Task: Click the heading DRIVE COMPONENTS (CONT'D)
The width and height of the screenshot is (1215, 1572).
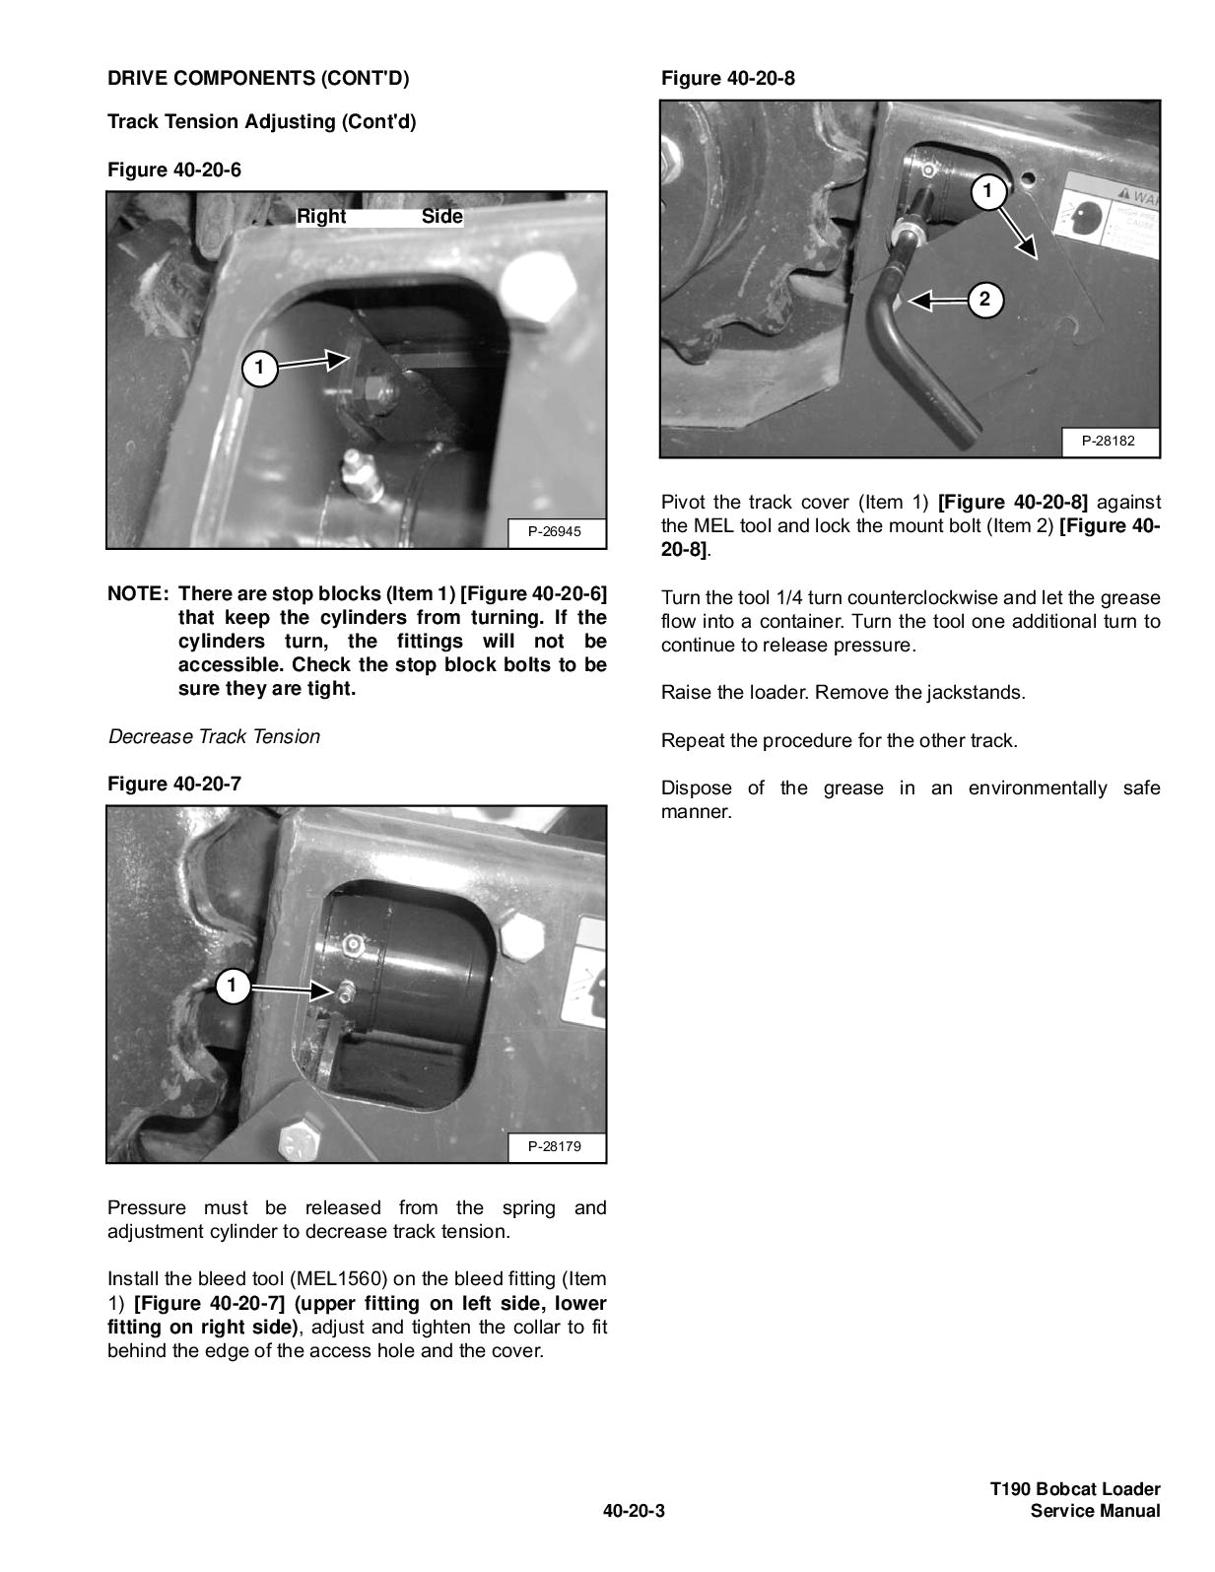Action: coord(257,78)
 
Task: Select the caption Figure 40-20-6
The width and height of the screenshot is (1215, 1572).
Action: coord(173,170)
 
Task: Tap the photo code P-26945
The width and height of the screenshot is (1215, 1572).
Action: coord(554,531)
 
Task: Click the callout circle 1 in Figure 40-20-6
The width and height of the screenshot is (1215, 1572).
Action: coord(258,369)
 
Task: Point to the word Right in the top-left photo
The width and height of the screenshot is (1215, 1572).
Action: coord(321,216)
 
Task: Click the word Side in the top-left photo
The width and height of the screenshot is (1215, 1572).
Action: coord(441,216)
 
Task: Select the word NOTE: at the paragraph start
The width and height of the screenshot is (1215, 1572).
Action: coord(138,594)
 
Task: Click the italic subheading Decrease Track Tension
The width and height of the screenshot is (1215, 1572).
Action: coord(214,736)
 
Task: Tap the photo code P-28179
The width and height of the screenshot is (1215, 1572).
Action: coord(554,1146)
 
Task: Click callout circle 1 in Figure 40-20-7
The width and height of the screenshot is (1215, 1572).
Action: coord(232,985)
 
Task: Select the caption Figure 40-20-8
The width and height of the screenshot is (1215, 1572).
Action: coord(727,78)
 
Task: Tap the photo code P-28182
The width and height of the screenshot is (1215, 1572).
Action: coord(1108,441)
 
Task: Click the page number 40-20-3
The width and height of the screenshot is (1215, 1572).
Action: coord(635,1511)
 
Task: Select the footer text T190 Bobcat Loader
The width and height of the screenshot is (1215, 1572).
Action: coord(1075,1489)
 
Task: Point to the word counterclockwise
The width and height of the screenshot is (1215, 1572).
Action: coord(922,598)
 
